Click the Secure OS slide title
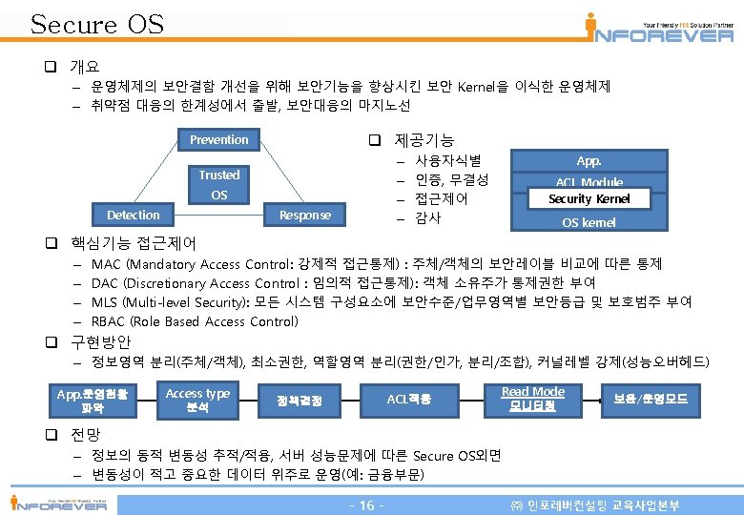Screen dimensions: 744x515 coord(97,24)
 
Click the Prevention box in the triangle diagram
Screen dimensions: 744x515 coord(219,139)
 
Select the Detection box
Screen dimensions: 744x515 coord(134,215)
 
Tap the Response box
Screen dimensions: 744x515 coord(305,215)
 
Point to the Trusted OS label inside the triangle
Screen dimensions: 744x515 coord(219,184)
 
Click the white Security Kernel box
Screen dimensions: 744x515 coord(589,198)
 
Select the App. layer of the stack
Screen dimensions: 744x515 coord(589,162)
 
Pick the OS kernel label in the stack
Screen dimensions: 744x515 coord(589,222)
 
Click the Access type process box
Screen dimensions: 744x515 coord(197,400)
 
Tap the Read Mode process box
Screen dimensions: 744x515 coord(533,399)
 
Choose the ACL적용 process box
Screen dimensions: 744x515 coord(409,400)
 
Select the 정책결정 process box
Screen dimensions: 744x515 coord(299,401)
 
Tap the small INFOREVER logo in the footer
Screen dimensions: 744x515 coord(58,503)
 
